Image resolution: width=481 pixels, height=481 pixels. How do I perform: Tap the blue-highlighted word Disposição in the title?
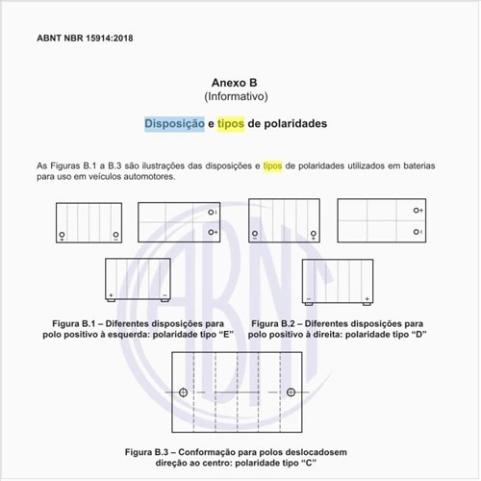click(x=174, y=124)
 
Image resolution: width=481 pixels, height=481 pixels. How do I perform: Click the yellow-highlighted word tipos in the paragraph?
click(x=275, y=165)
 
